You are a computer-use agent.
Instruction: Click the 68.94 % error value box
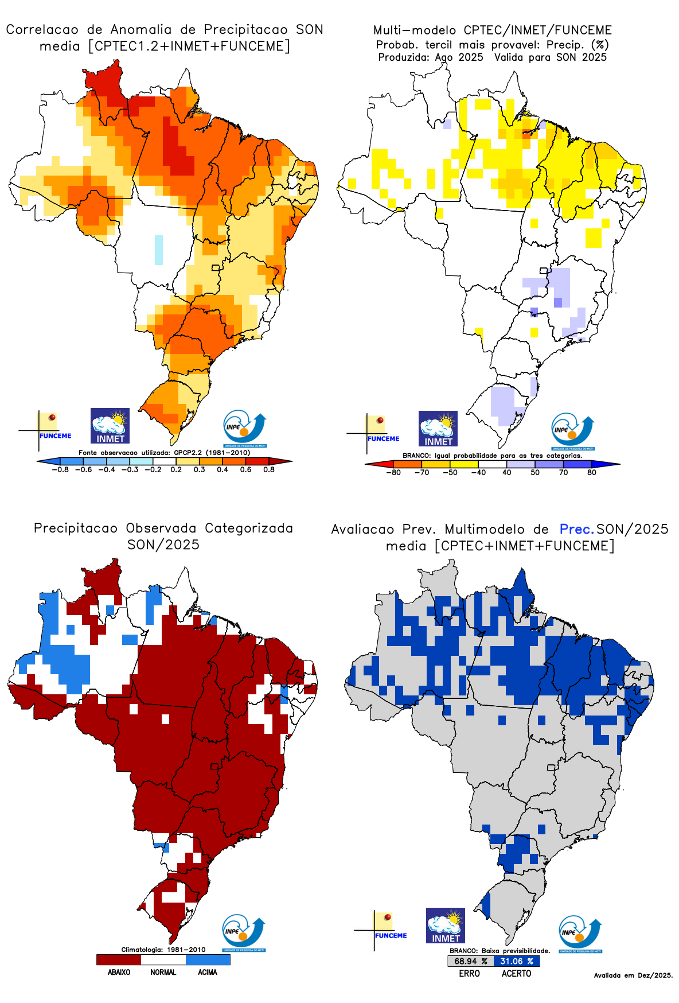(470, 961)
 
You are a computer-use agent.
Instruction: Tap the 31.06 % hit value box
(517, 961)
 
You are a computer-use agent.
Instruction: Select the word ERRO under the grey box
(469, 973)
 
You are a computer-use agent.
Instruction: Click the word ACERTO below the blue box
(516, 973)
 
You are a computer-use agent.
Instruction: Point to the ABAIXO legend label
(119, 972)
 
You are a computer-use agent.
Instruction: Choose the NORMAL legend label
(163, 972)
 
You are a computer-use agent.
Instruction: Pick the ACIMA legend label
(208, 972)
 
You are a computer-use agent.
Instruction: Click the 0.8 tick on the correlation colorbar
(269, 469)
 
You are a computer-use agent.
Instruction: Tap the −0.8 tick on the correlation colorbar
(60, 469)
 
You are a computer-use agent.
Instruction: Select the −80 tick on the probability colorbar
(393, 472)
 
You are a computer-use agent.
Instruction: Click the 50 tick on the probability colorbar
(535, 472)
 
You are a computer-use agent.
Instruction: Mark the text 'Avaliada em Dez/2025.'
(633, 975)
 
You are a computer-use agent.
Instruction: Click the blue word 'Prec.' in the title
(576, 529)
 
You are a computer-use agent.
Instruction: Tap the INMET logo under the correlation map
(110, 426)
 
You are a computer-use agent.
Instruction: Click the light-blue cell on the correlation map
(159, 250)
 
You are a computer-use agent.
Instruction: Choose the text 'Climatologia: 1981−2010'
(163, 950)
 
